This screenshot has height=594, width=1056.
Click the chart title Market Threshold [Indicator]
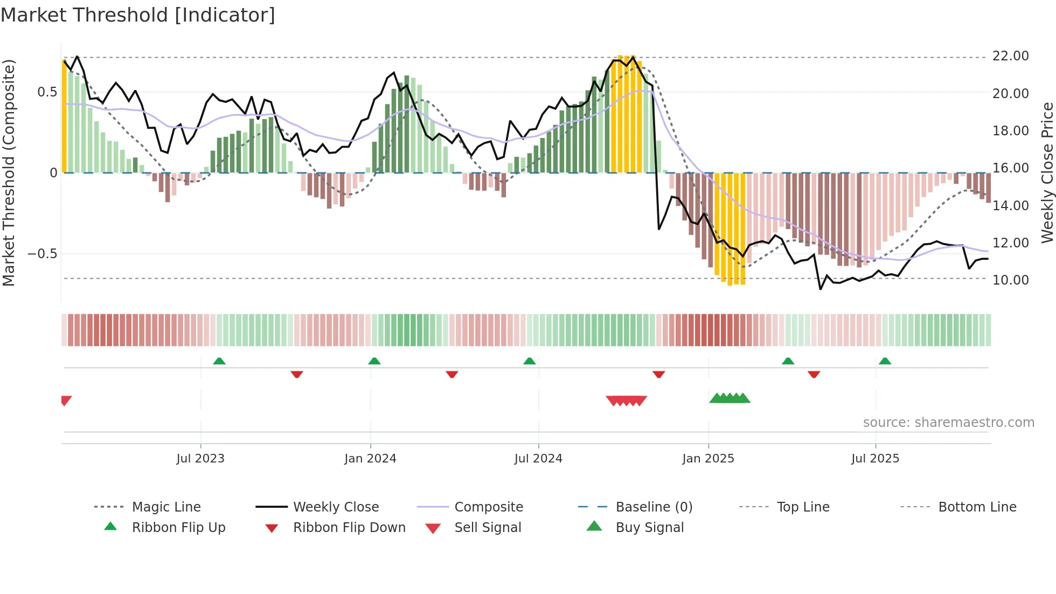coord(138,15)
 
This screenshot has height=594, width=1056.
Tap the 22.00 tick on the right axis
coord(1010,56)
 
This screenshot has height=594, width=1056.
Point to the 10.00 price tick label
coord(1010,280)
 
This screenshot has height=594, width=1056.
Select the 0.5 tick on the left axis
coord(47,92)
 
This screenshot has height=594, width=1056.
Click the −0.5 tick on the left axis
coord(42,254)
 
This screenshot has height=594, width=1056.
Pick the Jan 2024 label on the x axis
coord(370,459)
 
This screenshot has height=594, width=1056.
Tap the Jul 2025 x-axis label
coord(875,459)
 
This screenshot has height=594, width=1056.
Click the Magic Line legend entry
coord(166,507)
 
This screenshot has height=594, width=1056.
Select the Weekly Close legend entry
coord(336,507)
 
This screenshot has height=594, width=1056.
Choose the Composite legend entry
coord(488,507)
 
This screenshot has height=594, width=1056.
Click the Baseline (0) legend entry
coord(654,507)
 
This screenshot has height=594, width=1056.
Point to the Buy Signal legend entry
coord(649,528)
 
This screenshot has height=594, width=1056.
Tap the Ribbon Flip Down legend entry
coord(349,528)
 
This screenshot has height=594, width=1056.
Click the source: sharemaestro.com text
coord(948,423)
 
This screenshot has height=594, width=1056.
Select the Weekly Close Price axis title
coord(1047,172)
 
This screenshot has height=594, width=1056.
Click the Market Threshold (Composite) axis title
coord(9,172)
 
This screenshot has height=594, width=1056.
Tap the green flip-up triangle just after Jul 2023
coord(219,361)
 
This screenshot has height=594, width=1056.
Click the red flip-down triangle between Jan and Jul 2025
coord(814,374)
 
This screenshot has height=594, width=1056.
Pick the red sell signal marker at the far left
coord(66,400)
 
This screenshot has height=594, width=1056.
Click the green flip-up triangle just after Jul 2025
coord(885,361)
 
